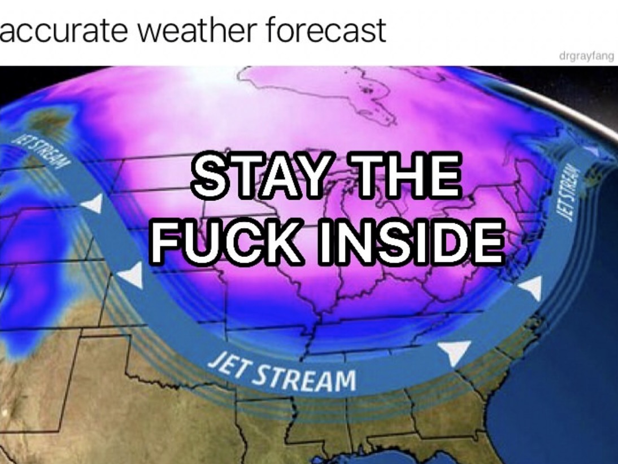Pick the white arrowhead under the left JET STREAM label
point(93,203)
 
